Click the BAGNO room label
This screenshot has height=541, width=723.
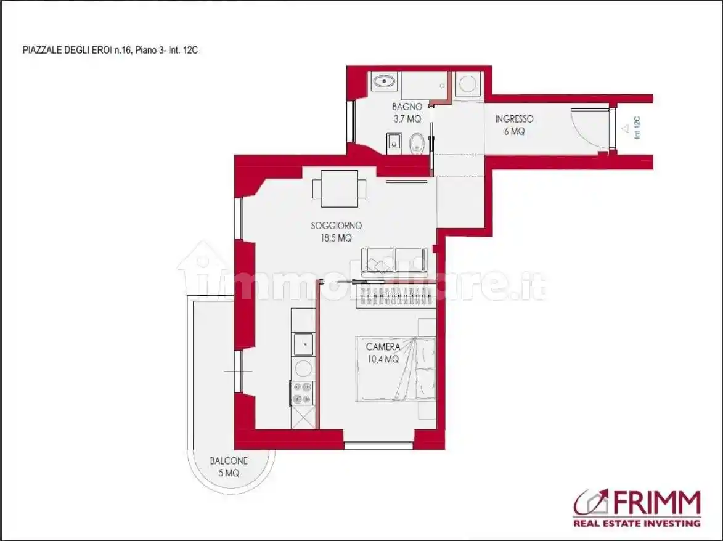click(407, 107)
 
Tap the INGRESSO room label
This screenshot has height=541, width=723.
click(514, 119)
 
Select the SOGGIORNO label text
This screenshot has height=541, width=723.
click(336, 226)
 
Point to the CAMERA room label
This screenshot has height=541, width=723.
click(383, 346)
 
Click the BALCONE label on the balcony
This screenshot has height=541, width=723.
click(229, 461)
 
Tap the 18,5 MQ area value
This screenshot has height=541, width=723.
click(336, 238)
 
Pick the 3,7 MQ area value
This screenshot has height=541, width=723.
click(407, 119)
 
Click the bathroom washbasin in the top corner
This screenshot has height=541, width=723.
click(384, 82)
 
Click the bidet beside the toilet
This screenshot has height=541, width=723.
click(394, 143)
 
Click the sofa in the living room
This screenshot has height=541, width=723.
click(394, 262)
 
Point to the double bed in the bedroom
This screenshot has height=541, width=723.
click(396, 368)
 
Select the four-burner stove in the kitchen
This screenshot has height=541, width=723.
click(302, 393)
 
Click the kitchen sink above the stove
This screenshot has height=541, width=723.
click(303, 344)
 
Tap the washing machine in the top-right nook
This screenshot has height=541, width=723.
click(468, 84)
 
